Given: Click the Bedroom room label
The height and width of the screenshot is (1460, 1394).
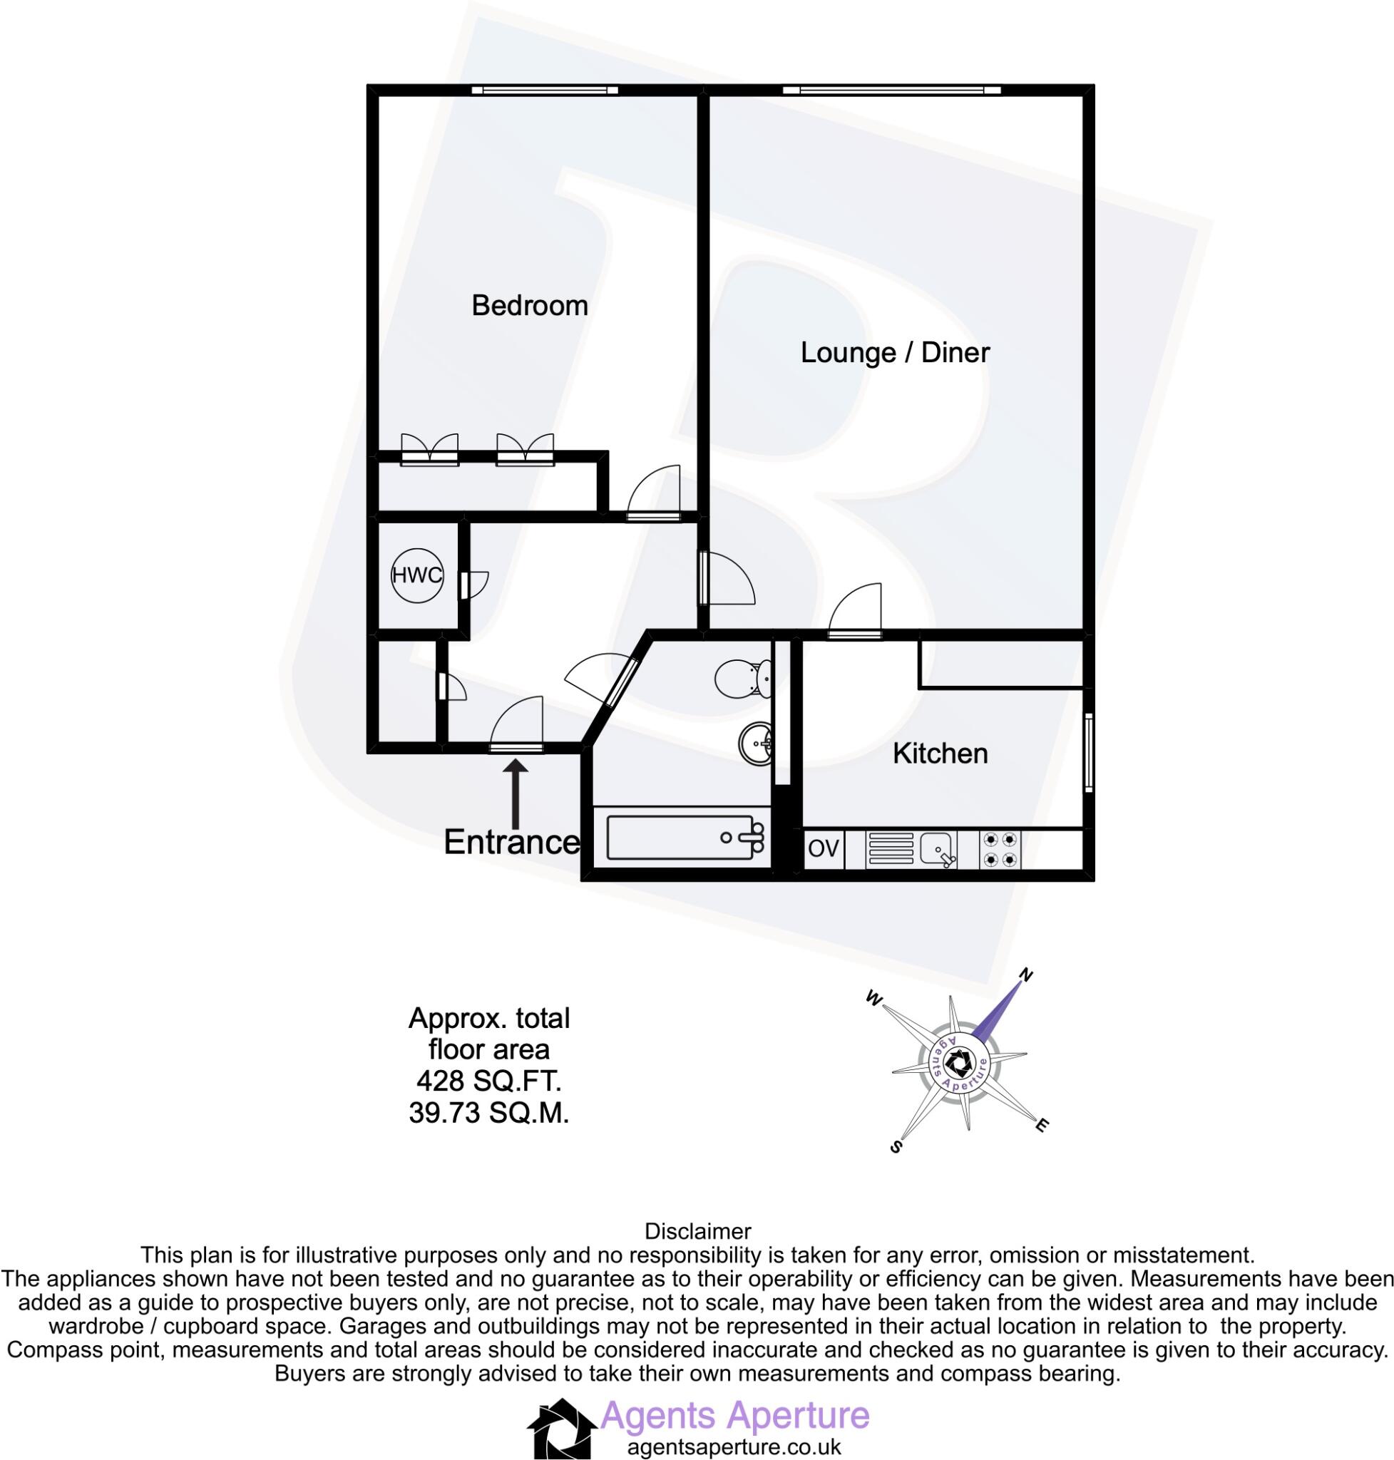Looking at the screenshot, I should click(x=529, y=305).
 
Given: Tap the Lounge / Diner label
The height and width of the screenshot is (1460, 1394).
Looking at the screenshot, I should click(x=895, y=352).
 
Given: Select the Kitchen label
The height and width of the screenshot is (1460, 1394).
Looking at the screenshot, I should click(x=940, y=754).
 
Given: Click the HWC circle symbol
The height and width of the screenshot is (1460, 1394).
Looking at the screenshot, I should click(x=417, y=575).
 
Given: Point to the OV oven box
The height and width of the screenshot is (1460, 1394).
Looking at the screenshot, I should click(x=823, y=848).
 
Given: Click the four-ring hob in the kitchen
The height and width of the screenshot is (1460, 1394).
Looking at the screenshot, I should click(x=1000, y=849).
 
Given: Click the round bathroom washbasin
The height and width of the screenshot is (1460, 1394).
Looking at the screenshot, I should click(x=756, y=741).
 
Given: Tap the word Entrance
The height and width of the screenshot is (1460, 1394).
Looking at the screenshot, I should click(x=511, y=843).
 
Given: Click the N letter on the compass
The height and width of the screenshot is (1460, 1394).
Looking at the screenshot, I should click(x=1027, y=975).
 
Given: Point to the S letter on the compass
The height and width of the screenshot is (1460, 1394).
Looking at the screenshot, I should click(x=896, y=1146).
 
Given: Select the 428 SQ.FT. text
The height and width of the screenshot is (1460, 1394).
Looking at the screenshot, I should click(x=488, y=1080).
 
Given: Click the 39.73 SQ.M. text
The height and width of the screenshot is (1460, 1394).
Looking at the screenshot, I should click(x=488, y=1113).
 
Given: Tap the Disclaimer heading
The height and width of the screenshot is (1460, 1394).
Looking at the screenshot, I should click(x=698, y=1231).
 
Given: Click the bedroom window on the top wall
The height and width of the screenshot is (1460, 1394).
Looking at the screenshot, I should click(x=545, y=91).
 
